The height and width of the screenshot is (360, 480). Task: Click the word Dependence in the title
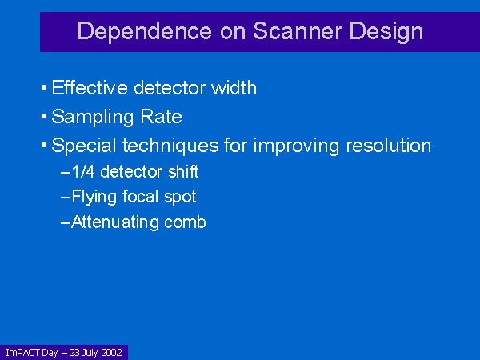[145, 30]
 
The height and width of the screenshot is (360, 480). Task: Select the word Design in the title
[386, 32]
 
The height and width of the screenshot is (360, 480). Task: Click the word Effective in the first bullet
[90, 87]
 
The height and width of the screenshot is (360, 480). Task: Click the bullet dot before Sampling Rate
[44, 117]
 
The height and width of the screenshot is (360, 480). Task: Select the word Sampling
[93, 118]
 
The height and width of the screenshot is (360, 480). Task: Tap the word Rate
[161, 116]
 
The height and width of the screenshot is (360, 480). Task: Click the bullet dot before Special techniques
[44, 145]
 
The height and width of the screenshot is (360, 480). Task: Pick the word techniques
[170, 146]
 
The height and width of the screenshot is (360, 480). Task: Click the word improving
[296, 146]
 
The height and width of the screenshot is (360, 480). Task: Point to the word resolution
[389, 145]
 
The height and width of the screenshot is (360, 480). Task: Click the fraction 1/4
[83, 171]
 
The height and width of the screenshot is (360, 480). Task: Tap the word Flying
[94, 198]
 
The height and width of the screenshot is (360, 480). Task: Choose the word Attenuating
[114, 222]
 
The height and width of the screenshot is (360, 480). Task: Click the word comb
[185, 222]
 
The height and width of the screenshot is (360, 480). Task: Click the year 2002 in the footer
[111, 353]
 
